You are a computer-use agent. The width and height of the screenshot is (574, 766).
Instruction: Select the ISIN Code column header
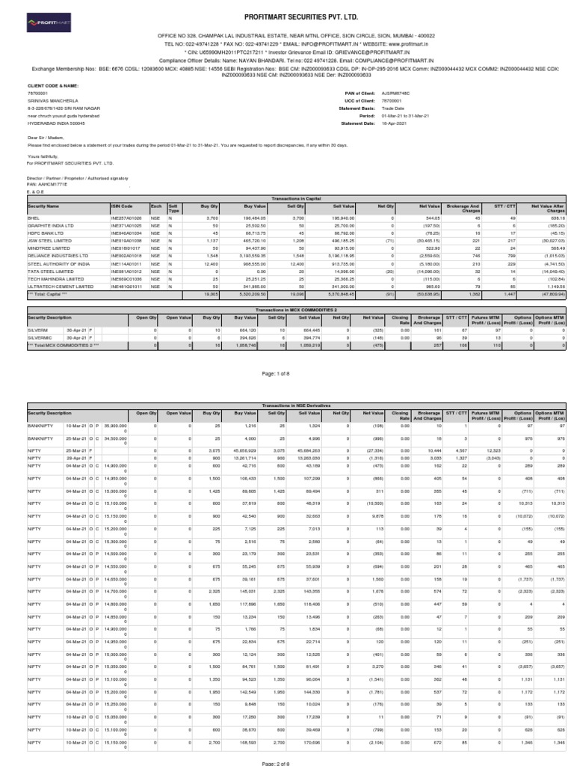122,184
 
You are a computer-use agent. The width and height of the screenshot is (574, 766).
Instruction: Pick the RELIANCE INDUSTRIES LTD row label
52,235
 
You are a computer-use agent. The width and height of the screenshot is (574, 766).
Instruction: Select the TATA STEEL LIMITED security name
46,250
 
